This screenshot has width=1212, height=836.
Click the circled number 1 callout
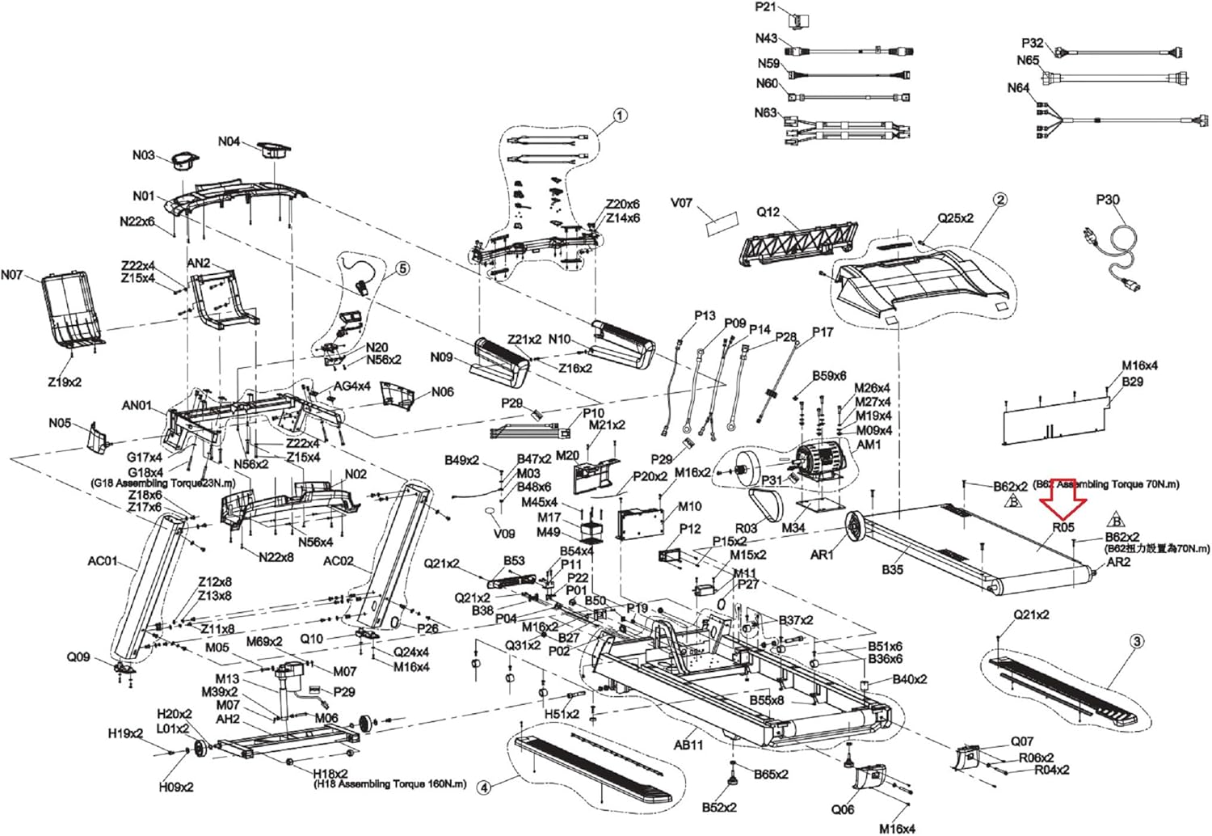pos(620,116)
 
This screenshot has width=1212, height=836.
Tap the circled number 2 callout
pos(1000,200)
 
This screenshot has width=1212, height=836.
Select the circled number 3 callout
pos(1137,642)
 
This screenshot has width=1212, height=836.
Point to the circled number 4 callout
pos(483,787)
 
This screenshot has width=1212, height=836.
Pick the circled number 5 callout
pos(402,268)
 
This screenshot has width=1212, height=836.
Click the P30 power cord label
pos(1108,200)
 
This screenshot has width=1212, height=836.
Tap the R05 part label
pos(1063,527)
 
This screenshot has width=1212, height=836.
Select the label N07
pos(12,275)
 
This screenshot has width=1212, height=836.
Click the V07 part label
pos(682,203)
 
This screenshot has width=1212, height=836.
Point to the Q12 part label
pos(768,212)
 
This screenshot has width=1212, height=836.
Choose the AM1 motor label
pos(869,445)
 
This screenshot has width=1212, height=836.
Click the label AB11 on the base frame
pos(688,744)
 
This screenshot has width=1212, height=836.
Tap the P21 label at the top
pos(765,7)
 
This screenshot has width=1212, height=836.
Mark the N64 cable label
pos(1018,88)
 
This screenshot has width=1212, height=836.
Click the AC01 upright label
pos(103,561)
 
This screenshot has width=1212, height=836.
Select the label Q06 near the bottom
pos(843,809)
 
